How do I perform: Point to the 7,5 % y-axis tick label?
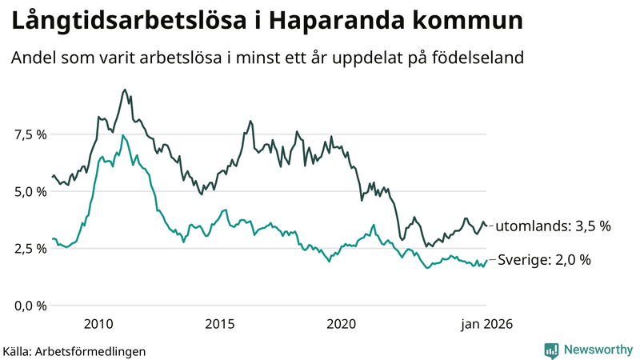pos(30,134)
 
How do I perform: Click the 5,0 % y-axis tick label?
pos(30,191)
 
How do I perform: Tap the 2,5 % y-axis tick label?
pos(30,249)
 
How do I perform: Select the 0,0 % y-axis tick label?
pos(30,306)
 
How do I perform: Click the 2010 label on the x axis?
pos(98,324)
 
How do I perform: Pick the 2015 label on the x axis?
pos(219,324)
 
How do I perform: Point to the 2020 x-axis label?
pos(342,324)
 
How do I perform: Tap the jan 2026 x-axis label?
pos(486,324)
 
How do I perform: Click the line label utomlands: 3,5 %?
pos(554,226)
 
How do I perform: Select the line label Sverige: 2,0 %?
pos(544,260)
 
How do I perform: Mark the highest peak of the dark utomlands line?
pos(125,90)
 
